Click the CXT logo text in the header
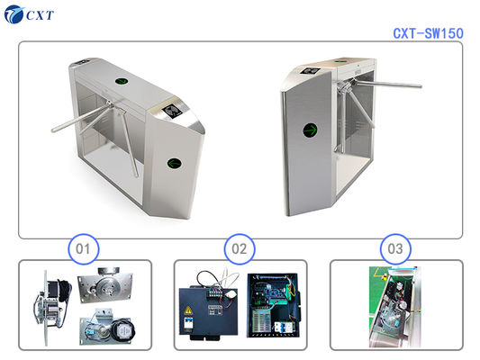click(42, 14)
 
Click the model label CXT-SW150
click(428, 32)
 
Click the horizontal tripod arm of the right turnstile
click(392, 85)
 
